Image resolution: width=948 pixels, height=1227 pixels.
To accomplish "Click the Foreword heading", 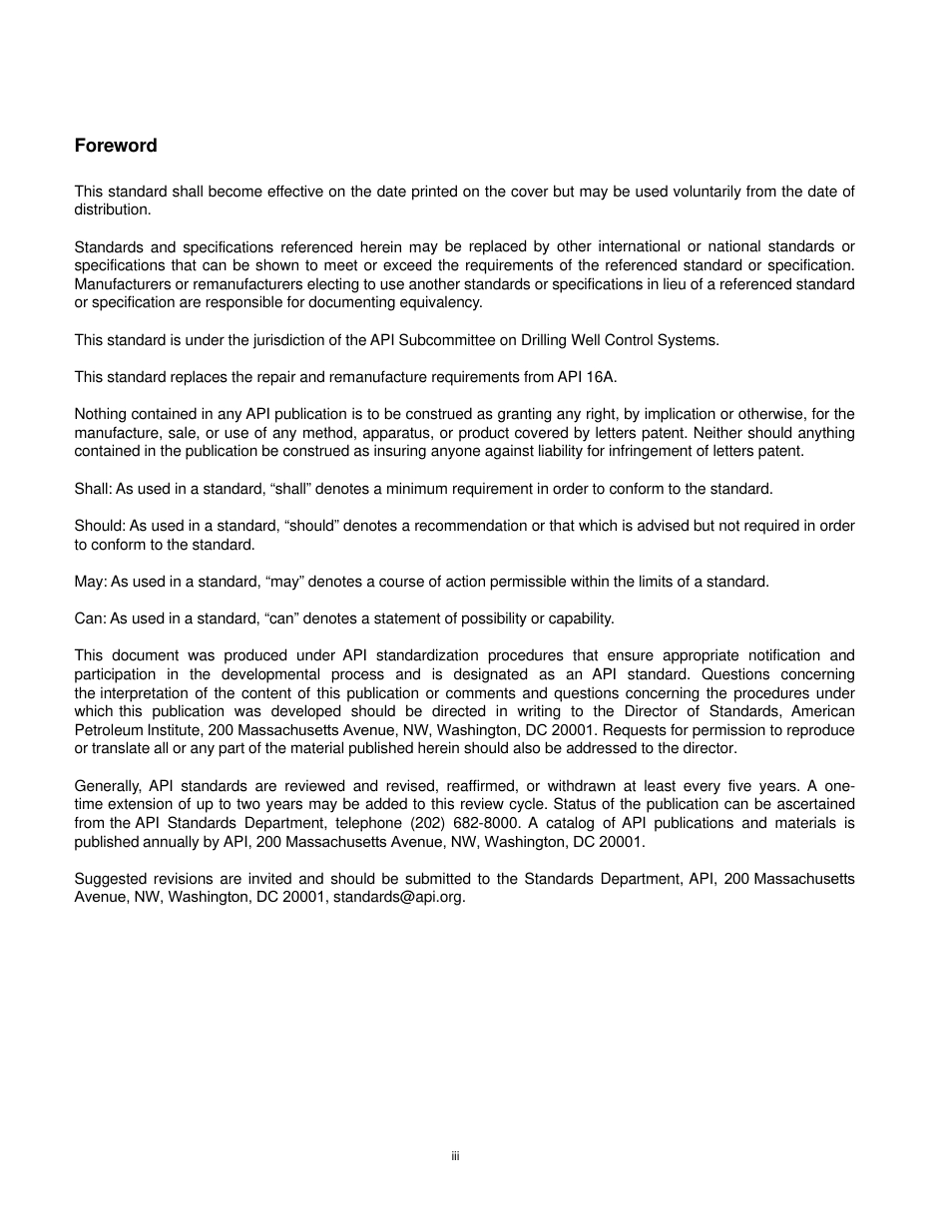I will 116,146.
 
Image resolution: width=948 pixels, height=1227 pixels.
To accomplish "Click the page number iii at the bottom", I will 455,1156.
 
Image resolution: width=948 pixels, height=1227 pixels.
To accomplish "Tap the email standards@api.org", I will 399,897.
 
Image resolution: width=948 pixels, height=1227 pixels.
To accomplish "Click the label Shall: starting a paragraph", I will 93,489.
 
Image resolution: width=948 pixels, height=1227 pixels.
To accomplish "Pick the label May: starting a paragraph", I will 90,582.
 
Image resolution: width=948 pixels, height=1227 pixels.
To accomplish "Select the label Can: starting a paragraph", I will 90,618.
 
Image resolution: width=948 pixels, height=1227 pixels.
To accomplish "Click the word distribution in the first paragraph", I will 112,209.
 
